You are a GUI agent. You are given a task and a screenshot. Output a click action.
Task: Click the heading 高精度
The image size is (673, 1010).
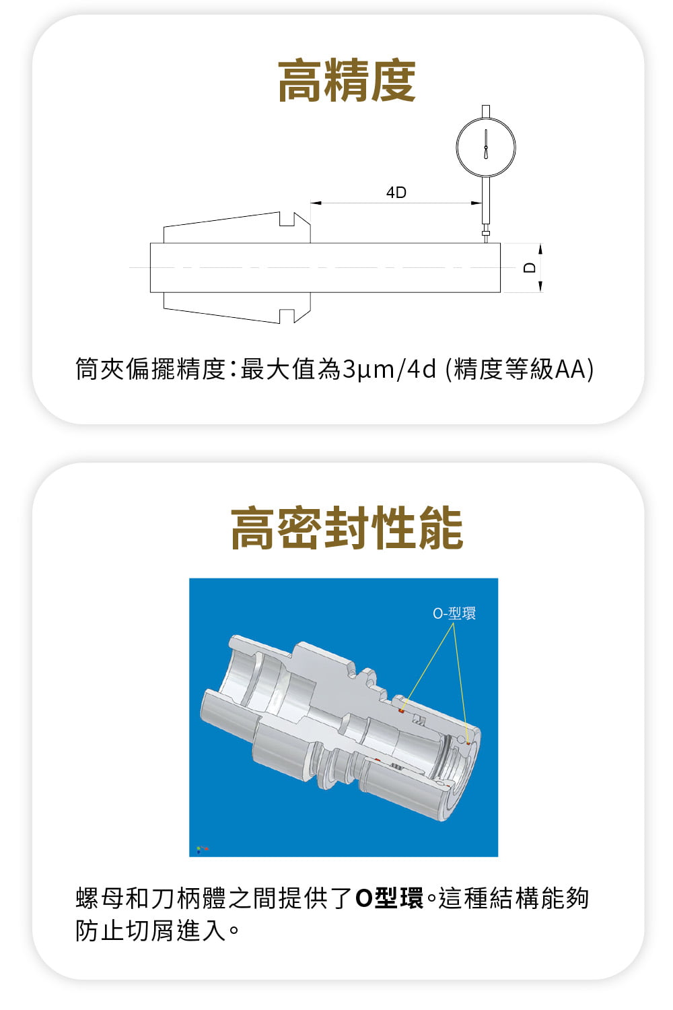pos(347,80)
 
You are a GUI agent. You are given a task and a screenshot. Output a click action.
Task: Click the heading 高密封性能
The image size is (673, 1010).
pos(347,527)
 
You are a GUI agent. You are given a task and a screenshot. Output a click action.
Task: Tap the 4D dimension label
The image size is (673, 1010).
pos(396,193)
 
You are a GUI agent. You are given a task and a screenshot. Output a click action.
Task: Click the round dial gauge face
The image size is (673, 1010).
pos(485,147)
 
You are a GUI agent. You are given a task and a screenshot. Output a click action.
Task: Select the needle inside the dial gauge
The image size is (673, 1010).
pos(485,144)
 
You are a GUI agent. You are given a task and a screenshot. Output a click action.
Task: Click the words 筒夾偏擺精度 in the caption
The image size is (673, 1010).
pos(150,369)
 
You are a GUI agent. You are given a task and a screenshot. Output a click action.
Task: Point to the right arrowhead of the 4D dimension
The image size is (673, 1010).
pos(476,203)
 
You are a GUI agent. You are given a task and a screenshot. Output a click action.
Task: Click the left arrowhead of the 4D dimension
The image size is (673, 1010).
pos(316,203)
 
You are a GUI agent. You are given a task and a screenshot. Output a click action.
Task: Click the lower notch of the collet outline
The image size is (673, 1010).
pos(287,316)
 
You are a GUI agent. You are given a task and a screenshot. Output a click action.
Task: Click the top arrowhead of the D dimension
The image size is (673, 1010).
pos(540,249)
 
